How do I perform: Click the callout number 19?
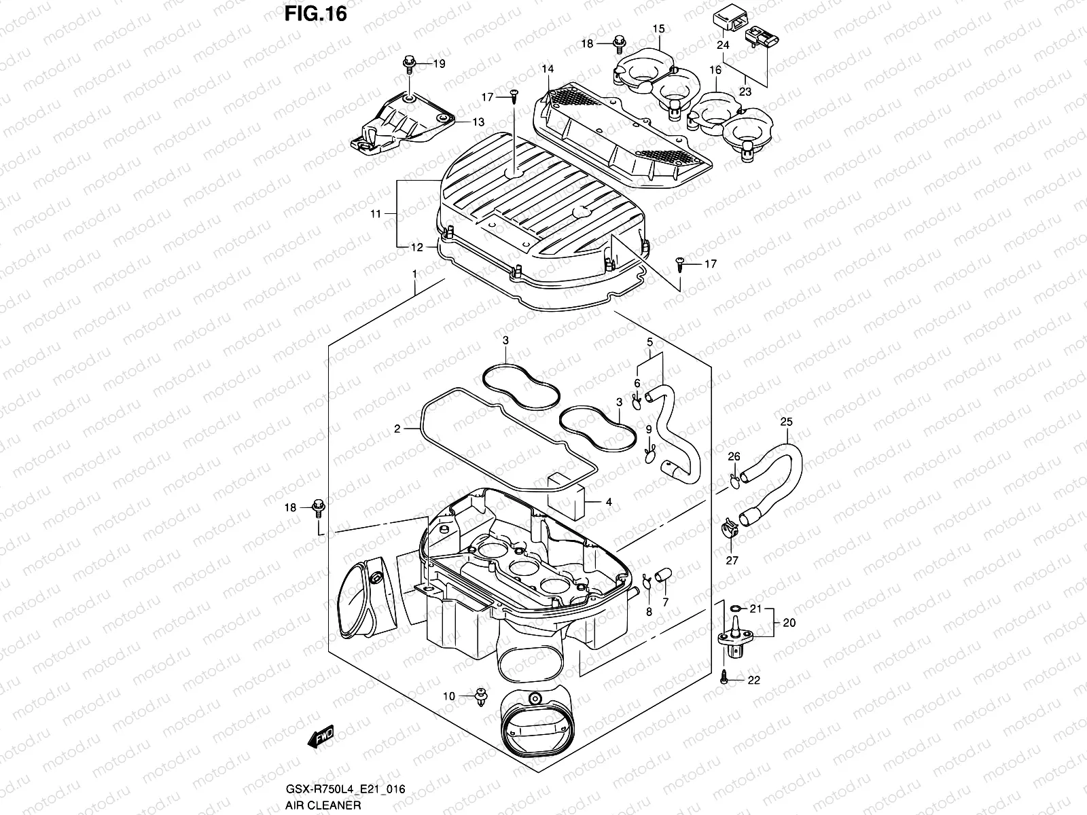pos(439,64)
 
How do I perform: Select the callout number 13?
pos(479,122)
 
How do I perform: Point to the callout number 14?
pos(548,69)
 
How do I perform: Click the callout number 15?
pos(658,29)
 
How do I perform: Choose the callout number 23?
pos(745,91)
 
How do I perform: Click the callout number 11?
pos(376,214)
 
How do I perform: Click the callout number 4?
pos(609,502)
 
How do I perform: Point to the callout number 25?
pos(786,422)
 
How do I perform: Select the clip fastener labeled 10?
pos(482,697)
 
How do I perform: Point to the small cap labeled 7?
pos(664,575)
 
